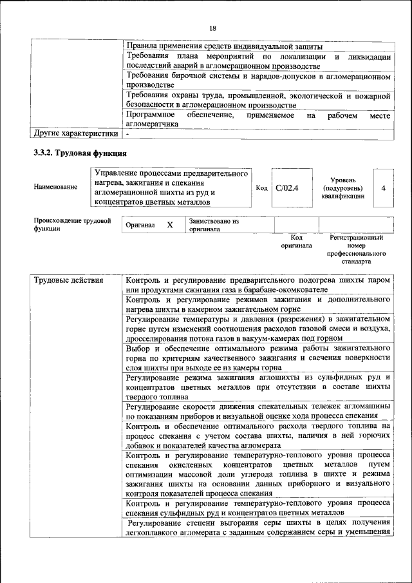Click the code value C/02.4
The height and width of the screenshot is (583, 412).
[287, 188]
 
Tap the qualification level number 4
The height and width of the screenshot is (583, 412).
[383, 188]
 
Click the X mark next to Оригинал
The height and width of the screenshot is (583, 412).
[169, 225]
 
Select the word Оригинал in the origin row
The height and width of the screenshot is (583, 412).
[140, 225]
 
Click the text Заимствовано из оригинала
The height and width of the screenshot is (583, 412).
[213, 225]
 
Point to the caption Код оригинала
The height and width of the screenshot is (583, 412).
[296, 242]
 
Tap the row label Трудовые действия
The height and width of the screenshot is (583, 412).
[63, 281]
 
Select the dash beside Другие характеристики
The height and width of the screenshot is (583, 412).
[128, 134]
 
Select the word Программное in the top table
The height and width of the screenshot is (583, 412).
[150, 115]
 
